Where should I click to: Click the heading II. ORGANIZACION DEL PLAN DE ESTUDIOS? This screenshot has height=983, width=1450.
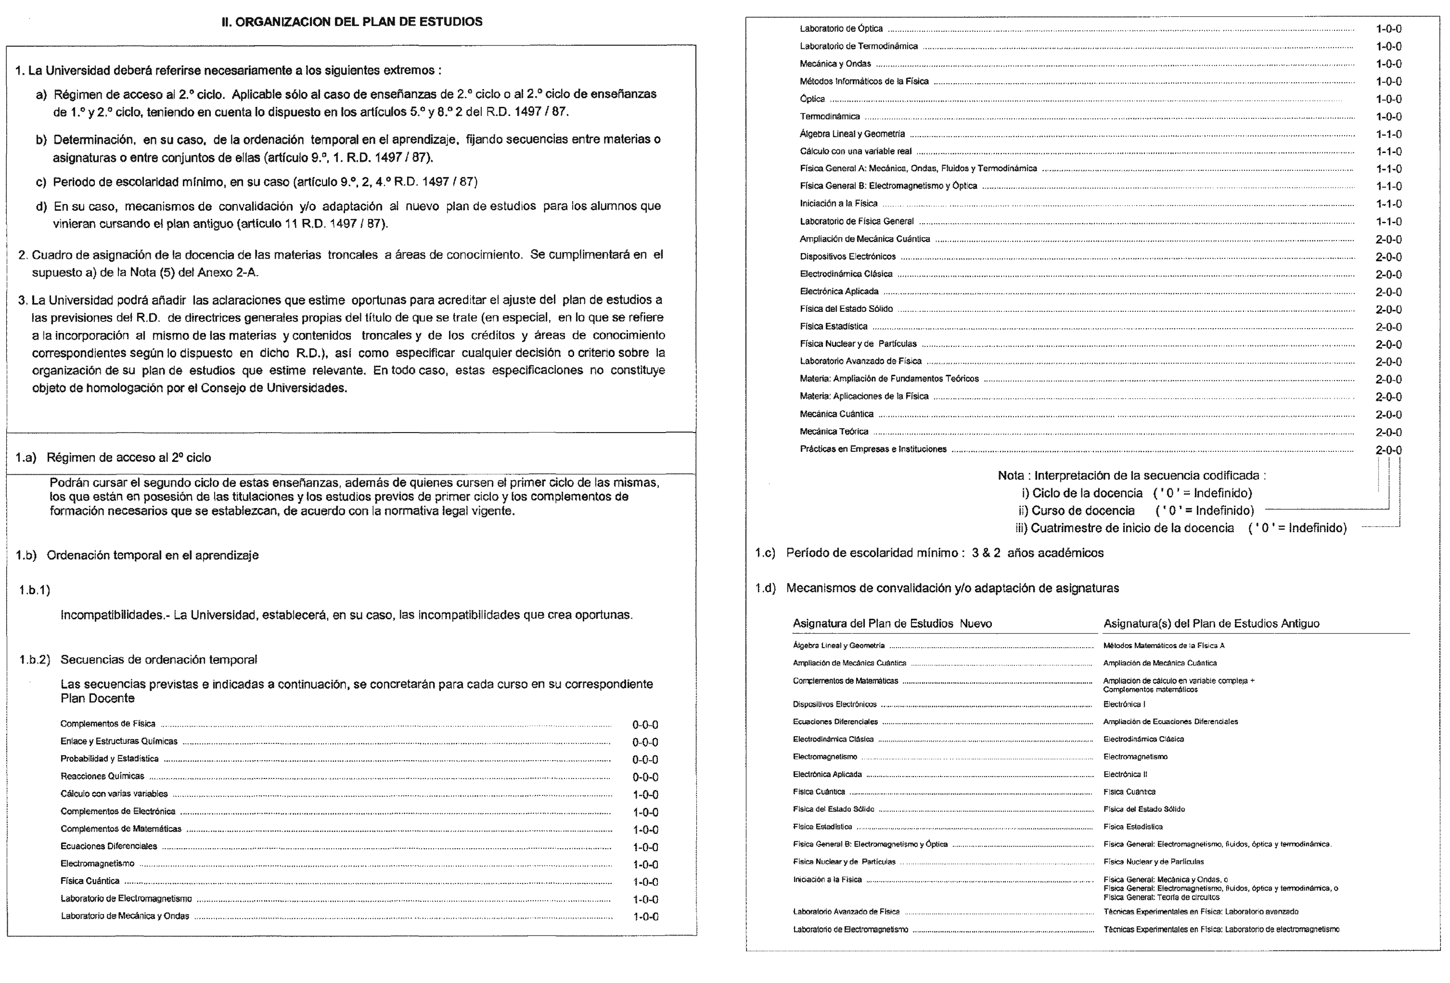(x=352, y=22)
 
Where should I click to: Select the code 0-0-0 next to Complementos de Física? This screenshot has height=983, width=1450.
(x=645, y=725)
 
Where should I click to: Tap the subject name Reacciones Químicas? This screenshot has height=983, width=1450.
(x=102, y=776)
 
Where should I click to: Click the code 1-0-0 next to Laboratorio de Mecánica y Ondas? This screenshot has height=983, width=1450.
(x=645, y=917)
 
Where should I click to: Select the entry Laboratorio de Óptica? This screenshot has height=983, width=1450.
(x=841, y=29)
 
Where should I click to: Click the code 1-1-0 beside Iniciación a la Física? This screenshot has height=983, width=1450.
(x=1388, y=204)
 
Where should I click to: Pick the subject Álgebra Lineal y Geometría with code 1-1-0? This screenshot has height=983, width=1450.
(x=852, y=134)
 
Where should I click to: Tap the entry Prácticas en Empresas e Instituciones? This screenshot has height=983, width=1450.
(x=873, y=449)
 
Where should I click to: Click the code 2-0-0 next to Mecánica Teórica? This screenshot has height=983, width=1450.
(x=1388, y=432)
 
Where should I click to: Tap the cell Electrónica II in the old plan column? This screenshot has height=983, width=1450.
(x=1125, y=775)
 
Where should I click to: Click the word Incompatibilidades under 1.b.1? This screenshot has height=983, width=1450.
(x=114, y=616)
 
